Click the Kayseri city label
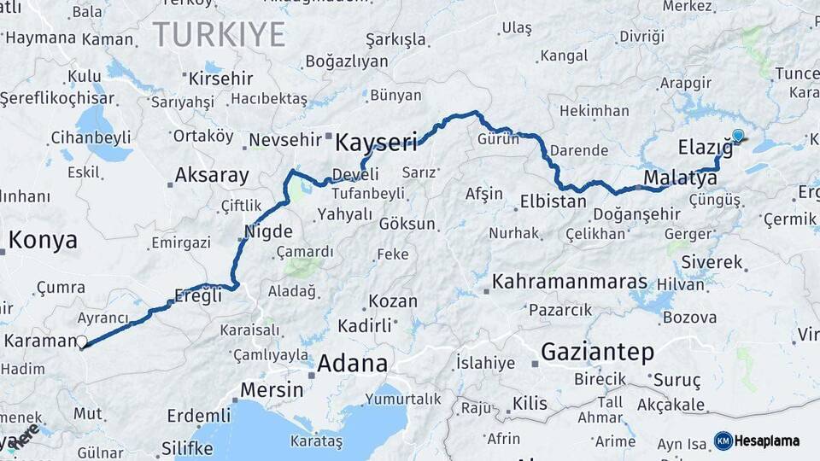376,142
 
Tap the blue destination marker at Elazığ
738,135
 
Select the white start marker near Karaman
82,343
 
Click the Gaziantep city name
598,352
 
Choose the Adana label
352,364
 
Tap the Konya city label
43,240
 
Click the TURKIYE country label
219,35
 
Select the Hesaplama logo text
767,441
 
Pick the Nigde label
268,231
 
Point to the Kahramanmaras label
570,282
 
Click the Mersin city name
271,390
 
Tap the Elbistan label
553,202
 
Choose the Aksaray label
212,176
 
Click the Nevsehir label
284,140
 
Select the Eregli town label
197,295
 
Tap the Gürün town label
498,139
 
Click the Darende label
578,150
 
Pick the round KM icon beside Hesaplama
723,441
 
